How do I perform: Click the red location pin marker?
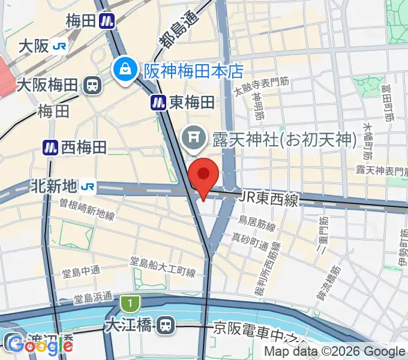203,175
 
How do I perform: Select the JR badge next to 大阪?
59,46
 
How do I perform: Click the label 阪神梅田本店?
193,71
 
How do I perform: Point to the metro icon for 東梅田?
158,103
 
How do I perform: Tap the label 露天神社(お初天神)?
281,140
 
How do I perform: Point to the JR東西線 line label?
269,199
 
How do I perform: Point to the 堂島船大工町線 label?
163,267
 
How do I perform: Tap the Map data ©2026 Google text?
335,352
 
